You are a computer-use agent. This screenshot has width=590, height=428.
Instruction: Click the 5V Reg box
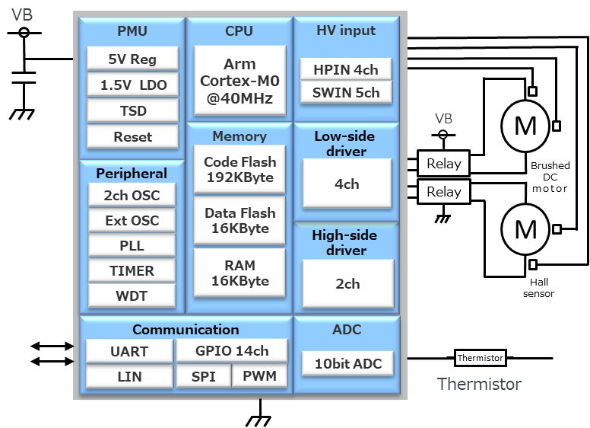click(132, 59)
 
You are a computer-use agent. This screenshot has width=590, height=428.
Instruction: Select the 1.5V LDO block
click(132, 85)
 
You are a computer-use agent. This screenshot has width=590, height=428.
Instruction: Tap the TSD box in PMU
click(132, 110)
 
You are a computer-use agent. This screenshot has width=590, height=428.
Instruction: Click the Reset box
click(132, 137)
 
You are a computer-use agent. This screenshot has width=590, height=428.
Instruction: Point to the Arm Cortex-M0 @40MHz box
click(239, 81)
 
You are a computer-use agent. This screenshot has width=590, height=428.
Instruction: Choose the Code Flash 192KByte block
click(239, 170)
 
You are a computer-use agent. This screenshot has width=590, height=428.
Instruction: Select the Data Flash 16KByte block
click(239, 221)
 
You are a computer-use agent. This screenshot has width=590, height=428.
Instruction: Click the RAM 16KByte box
click(239, 273)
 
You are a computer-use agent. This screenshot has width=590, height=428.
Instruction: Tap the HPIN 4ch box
click(346, 69)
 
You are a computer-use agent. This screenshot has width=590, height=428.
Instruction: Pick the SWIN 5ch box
click(346, 93)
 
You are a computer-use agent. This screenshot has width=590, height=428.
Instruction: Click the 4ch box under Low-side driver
click(347, 184)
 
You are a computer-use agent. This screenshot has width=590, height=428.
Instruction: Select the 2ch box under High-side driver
click(347, 283)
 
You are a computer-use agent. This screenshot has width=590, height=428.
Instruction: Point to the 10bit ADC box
click(347, 363)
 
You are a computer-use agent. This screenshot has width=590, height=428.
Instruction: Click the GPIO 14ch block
click(232, 350)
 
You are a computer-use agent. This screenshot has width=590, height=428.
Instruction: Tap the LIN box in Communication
click(129, 376)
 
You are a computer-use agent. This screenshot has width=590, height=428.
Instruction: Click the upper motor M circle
click(525, 126)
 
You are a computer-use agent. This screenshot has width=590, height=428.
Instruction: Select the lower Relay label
click(444, 192)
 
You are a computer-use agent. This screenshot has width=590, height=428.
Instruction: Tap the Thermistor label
click(480, 384)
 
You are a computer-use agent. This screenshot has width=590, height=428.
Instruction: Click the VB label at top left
click(22, 14)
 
